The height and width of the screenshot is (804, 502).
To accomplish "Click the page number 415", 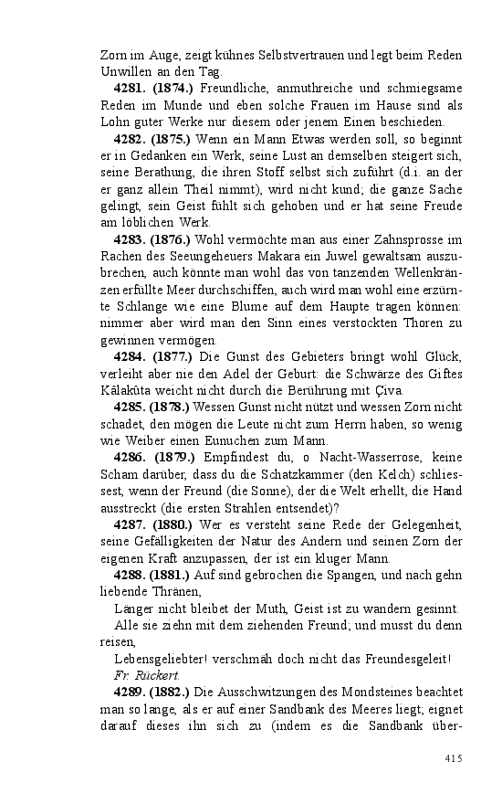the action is tap(454, 758).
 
